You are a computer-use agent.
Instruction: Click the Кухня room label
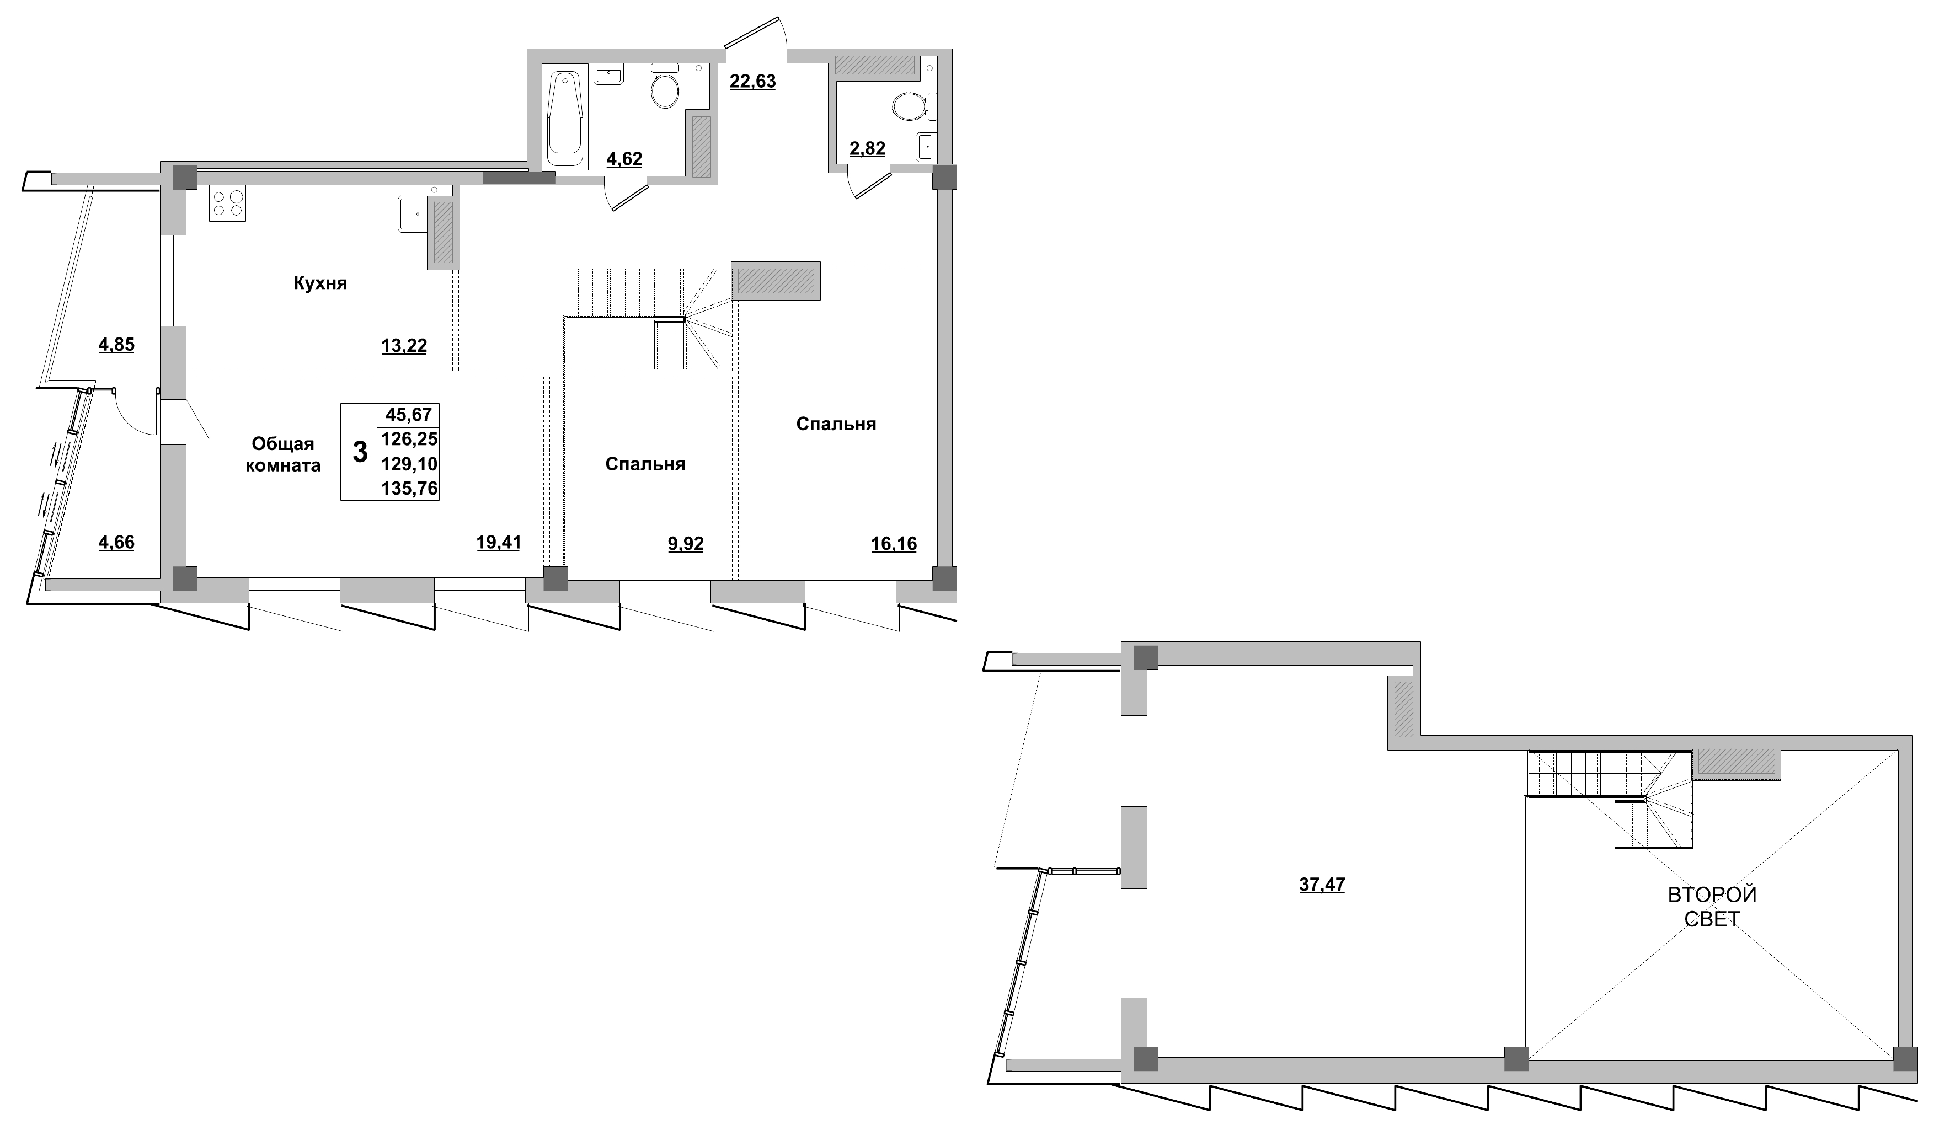tap(320, 283)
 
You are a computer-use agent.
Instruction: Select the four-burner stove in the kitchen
tap(227, 203)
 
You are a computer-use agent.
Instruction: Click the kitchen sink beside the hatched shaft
tap(409, 212)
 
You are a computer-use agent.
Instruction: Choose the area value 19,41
tap(498, 543)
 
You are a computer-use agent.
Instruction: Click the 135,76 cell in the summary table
tap(408, 488)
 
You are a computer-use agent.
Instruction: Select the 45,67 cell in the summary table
tap(408, 415)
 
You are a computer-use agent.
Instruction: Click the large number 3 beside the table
tap(359, 453)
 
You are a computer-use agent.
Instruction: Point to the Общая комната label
tap(283, 454)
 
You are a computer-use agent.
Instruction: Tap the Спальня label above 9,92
tap(645, 464)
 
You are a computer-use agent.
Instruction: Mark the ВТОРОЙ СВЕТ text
tap(1712, 906)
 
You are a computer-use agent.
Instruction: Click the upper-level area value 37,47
tap(1322, 885)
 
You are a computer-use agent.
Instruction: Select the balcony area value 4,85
tap(116, 345)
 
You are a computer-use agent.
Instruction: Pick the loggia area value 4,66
tap(116, 543)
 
